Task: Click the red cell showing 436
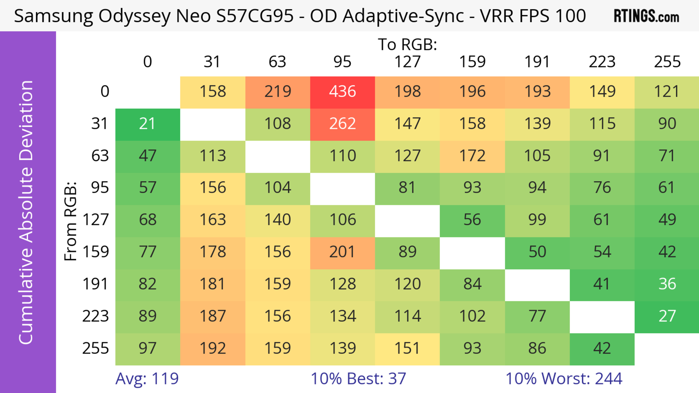(x=342, y=92)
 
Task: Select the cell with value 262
(x=342, y=124)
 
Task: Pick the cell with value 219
(x=278, y=92)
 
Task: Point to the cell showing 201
(x=342, y=252)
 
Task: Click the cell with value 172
(x=472, y=156)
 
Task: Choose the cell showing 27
(x=667, y=316)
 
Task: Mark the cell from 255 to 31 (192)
(x=213, y=348)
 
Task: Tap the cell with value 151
(x=407, y=348)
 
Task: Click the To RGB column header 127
(x=407, y=62)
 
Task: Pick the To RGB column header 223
(x=602, y=62)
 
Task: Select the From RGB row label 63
(x=100, y=156)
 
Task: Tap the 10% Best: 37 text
(x=358, y=379)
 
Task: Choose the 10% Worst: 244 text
(x=564, y=379)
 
